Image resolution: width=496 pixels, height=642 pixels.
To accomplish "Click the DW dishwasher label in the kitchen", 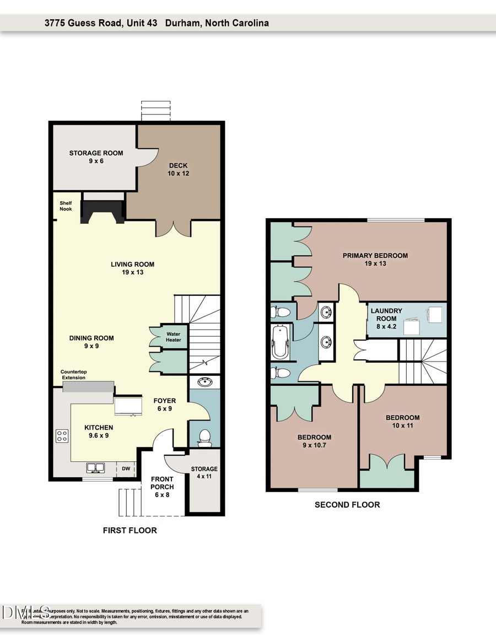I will click(126, 468).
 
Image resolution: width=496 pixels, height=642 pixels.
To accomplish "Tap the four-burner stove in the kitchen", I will click(62, 436).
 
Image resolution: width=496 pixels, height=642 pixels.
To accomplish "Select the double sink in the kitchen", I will click(97, 468).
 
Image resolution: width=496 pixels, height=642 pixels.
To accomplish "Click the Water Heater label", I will click(174, 337).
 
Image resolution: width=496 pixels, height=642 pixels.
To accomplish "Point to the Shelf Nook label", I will click(66, 206).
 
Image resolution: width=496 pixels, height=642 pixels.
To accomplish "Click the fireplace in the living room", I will click(103, 212).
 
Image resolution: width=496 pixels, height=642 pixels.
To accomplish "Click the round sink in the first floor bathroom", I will click(204, 381).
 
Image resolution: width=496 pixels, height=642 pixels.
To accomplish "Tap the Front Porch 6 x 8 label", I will click(162, 487).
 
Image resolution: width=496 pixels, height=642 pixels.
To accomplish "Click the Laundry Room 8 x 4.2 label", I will click(386, 318).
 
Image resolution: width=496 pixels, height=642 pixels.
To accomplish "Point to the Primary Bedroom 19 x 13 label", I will click(375, 260).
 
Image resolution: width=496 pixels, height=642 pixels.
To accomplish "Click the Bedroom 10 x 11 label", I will click(402, 422).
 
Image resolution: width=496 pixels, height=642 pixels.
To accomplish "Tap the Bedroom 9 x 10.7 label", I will click(314, 441).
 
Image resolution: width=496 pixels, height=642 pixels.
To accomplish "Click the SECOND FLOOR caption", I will click(347, 505).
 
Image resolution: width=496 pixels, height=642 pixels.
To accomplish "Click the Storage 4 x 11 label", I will click(204, 473).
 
